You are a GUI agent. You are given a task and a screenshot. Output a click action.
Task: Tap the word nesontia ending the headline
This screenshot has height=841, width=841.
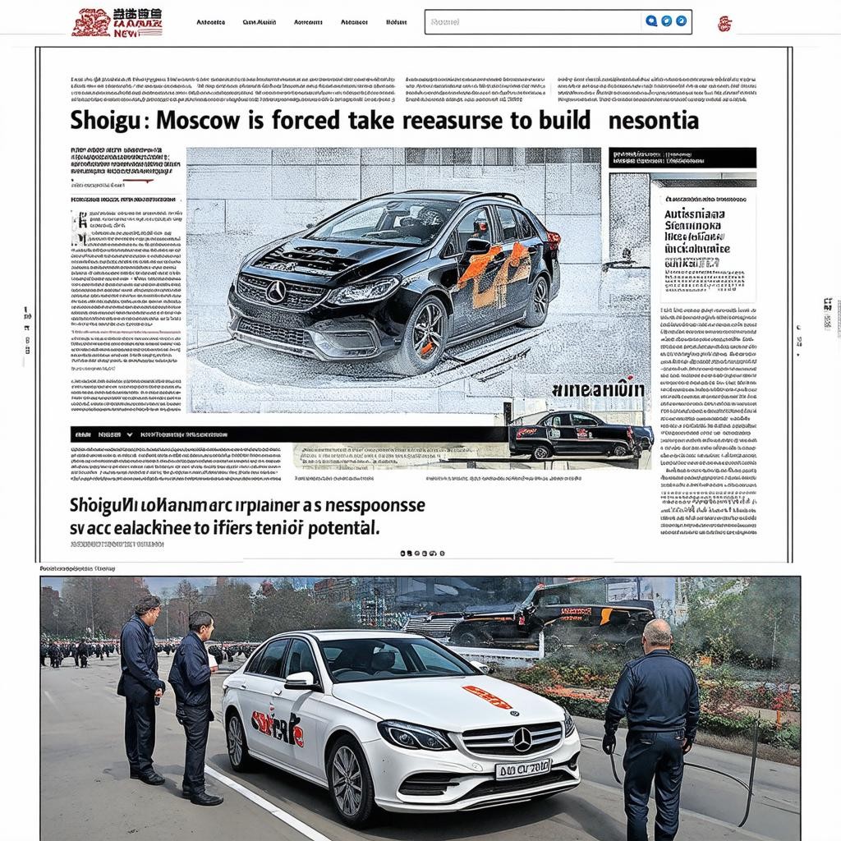[654, 122]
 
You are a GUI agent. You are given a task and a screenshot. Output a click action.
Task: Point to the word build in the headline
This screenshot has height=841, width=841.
[564, 122]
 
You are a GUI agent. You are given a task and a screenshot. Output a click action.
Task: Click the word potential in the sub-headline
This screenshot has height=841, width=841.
[341, 528]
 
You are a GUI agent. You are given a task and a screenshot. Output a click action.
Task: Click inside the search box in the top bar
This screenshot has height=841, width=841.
[534, 21]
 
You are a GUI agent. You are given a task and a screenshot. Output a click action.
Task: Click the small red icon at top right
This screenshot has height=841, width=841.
[724, 23]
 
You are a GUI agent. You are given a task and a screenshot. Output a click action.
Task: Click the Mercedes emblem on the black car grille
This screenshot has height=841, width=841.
[275, 291]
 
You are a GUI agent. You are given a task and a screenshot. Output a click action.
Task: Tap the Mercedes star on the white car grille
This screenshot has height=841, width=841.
[522, 739]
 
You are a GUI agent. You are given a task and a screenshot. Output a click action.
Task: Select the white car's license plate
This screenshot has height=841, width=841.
[522, 769]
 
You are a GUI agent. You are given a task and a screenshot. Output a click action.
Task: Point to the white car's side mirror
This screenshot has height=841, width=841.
[300, 680]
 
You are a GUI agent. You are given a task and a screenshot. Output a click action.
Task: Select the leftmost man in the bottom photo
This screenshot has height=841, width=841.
[141, 686]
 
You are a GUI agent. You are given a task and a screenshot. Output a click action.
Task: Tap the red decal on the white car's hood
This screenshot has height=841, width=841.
[487, 697]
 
